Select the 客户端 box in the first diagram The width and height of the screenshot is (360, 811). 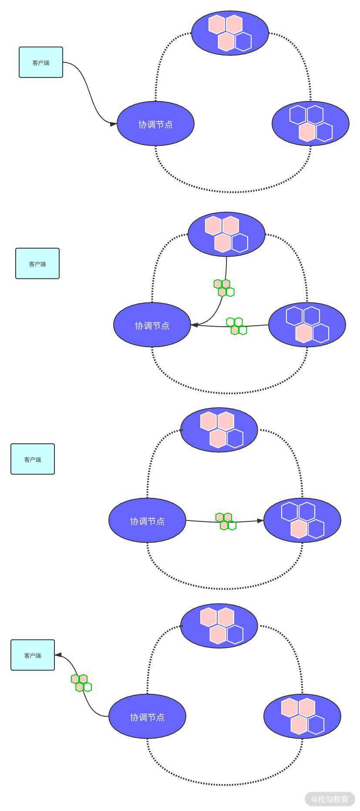click(x=41, y=62)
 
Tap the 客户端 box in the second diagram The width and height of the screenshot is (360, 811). click(x=37, y=264)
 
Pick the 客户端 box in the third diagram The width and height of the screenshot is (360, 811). click(x=33, y=459)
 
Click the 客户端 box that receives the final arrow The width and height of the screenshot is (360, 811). click(x=33, y=655)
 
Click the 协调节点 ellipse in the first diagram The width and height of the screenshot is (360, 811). click(x=155, y=124)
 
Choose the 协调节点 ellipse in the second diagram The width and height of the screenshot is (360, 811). click(x=152, y=325)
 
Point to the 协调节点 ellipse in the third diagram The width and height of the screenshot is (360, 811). click(x=147, y=521)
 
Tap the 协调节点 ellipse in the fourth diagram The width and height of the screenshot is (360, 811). click(x=147, y=717)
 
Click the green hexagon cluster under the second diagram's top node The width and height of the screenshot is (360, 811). click(x=224, y=288)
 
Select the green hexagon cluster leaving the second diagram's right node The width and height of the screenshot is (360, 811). click(x=236, y=326)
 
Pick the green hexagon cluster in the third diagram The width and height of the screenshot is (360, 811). click(x=225, y=521)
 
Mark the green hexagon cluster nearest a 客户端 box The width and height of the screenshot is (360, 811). click(x=81, y=683)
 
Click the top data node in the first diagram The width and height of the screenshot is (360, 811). click(x=230, y=33)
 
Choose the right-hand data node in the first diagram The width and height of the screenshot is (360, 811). click(x=310, y=124)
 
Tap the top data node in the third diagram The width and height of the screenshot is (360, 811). click(x=219, y=430)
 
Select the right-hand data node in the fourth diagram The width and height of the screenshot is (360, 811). click(x=302, y=716)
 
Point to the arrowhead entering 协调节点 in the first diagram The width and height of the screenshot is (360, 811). click(x=113, y=124)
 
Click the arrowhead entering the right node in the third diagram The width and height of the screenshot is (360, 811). click(x=260, y=520)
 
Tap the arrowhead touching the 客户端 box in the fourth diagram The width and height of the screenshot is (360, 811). click(x=58, y=655)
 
